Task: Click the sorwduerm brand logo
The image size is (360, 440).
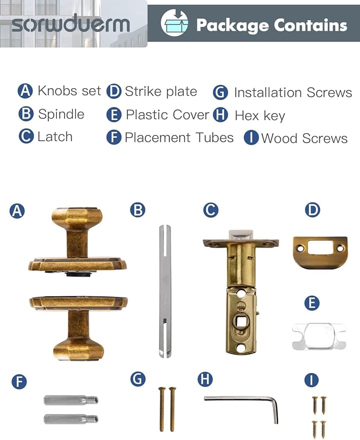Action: (70, 24)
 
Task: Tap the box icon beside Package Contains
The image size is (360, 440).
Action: (173, 24)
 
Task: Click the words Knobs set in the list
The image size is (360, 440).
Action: (69, 91)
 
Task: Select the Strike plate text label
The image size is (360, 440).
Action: (160, 92)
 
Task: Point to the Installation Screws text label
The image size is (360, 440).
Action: (292, 93)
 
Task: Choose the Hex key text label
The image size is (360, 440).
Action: (259, 116)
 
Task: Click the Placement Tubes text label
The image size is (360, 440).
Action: (179, 138)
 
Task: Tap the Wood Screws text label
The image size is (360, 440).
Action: (304, 139)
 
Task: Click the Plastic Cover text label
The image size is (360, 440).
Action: (167, 115)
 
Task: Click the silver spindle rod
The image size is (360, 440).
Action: (165, 290)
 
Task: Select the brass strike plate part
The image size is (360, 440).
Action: (319, 252)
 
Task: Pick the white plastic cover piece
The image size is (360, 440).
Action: (318, 336)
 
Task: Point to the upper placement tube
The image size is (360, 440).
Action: (70, 400)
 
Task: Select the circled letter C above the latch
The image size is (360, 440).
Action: (210, 210)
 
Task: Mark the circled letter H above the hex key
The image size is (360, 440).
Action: (204, 379)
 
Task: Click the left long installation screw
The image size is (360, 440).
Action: (162, 408)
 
